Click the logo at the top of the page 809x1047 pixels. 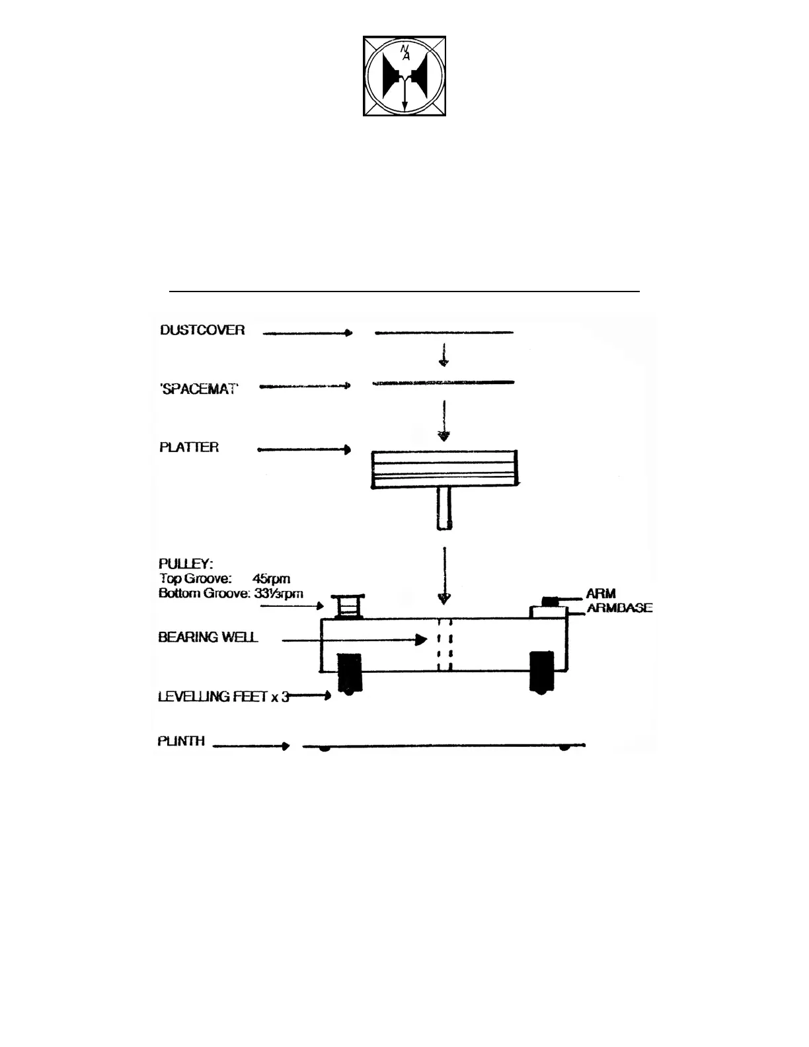[404, 76]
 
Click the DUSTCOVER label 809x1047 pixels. [202, 330]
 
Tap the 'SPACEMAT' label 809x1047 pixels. [199, 389]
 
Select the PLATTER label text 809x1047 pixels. [189, 447]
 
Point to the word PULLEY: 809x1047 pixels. [186, 564]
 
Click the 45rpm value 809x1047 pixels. [271, 579]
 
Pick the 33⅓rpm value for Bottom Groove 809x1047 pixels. [279, 594]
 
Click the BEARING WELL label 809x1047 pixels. [208, 637]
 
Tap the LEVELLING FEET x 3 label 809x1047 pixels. [223, 697]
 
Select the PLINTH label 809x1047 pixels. [181, 742]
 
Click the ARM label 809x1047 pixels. [601, 594]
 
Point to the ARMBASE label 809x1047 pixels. [619, 608]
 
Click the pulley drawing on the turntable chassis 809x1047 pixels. [349, 605]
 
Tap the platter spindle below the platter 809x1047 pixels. [444, 508]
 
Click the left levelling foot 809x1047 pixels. [350, 673]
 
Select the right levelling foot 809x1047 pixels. [542, 672]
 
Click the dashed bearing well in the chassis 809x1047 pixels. [444, 644]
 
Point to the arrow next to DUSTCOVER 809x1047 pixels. [307, 333]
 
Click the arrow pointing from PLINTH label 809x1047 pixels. [251, 746]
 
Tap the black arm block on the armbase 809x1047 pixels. [549, 601]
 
